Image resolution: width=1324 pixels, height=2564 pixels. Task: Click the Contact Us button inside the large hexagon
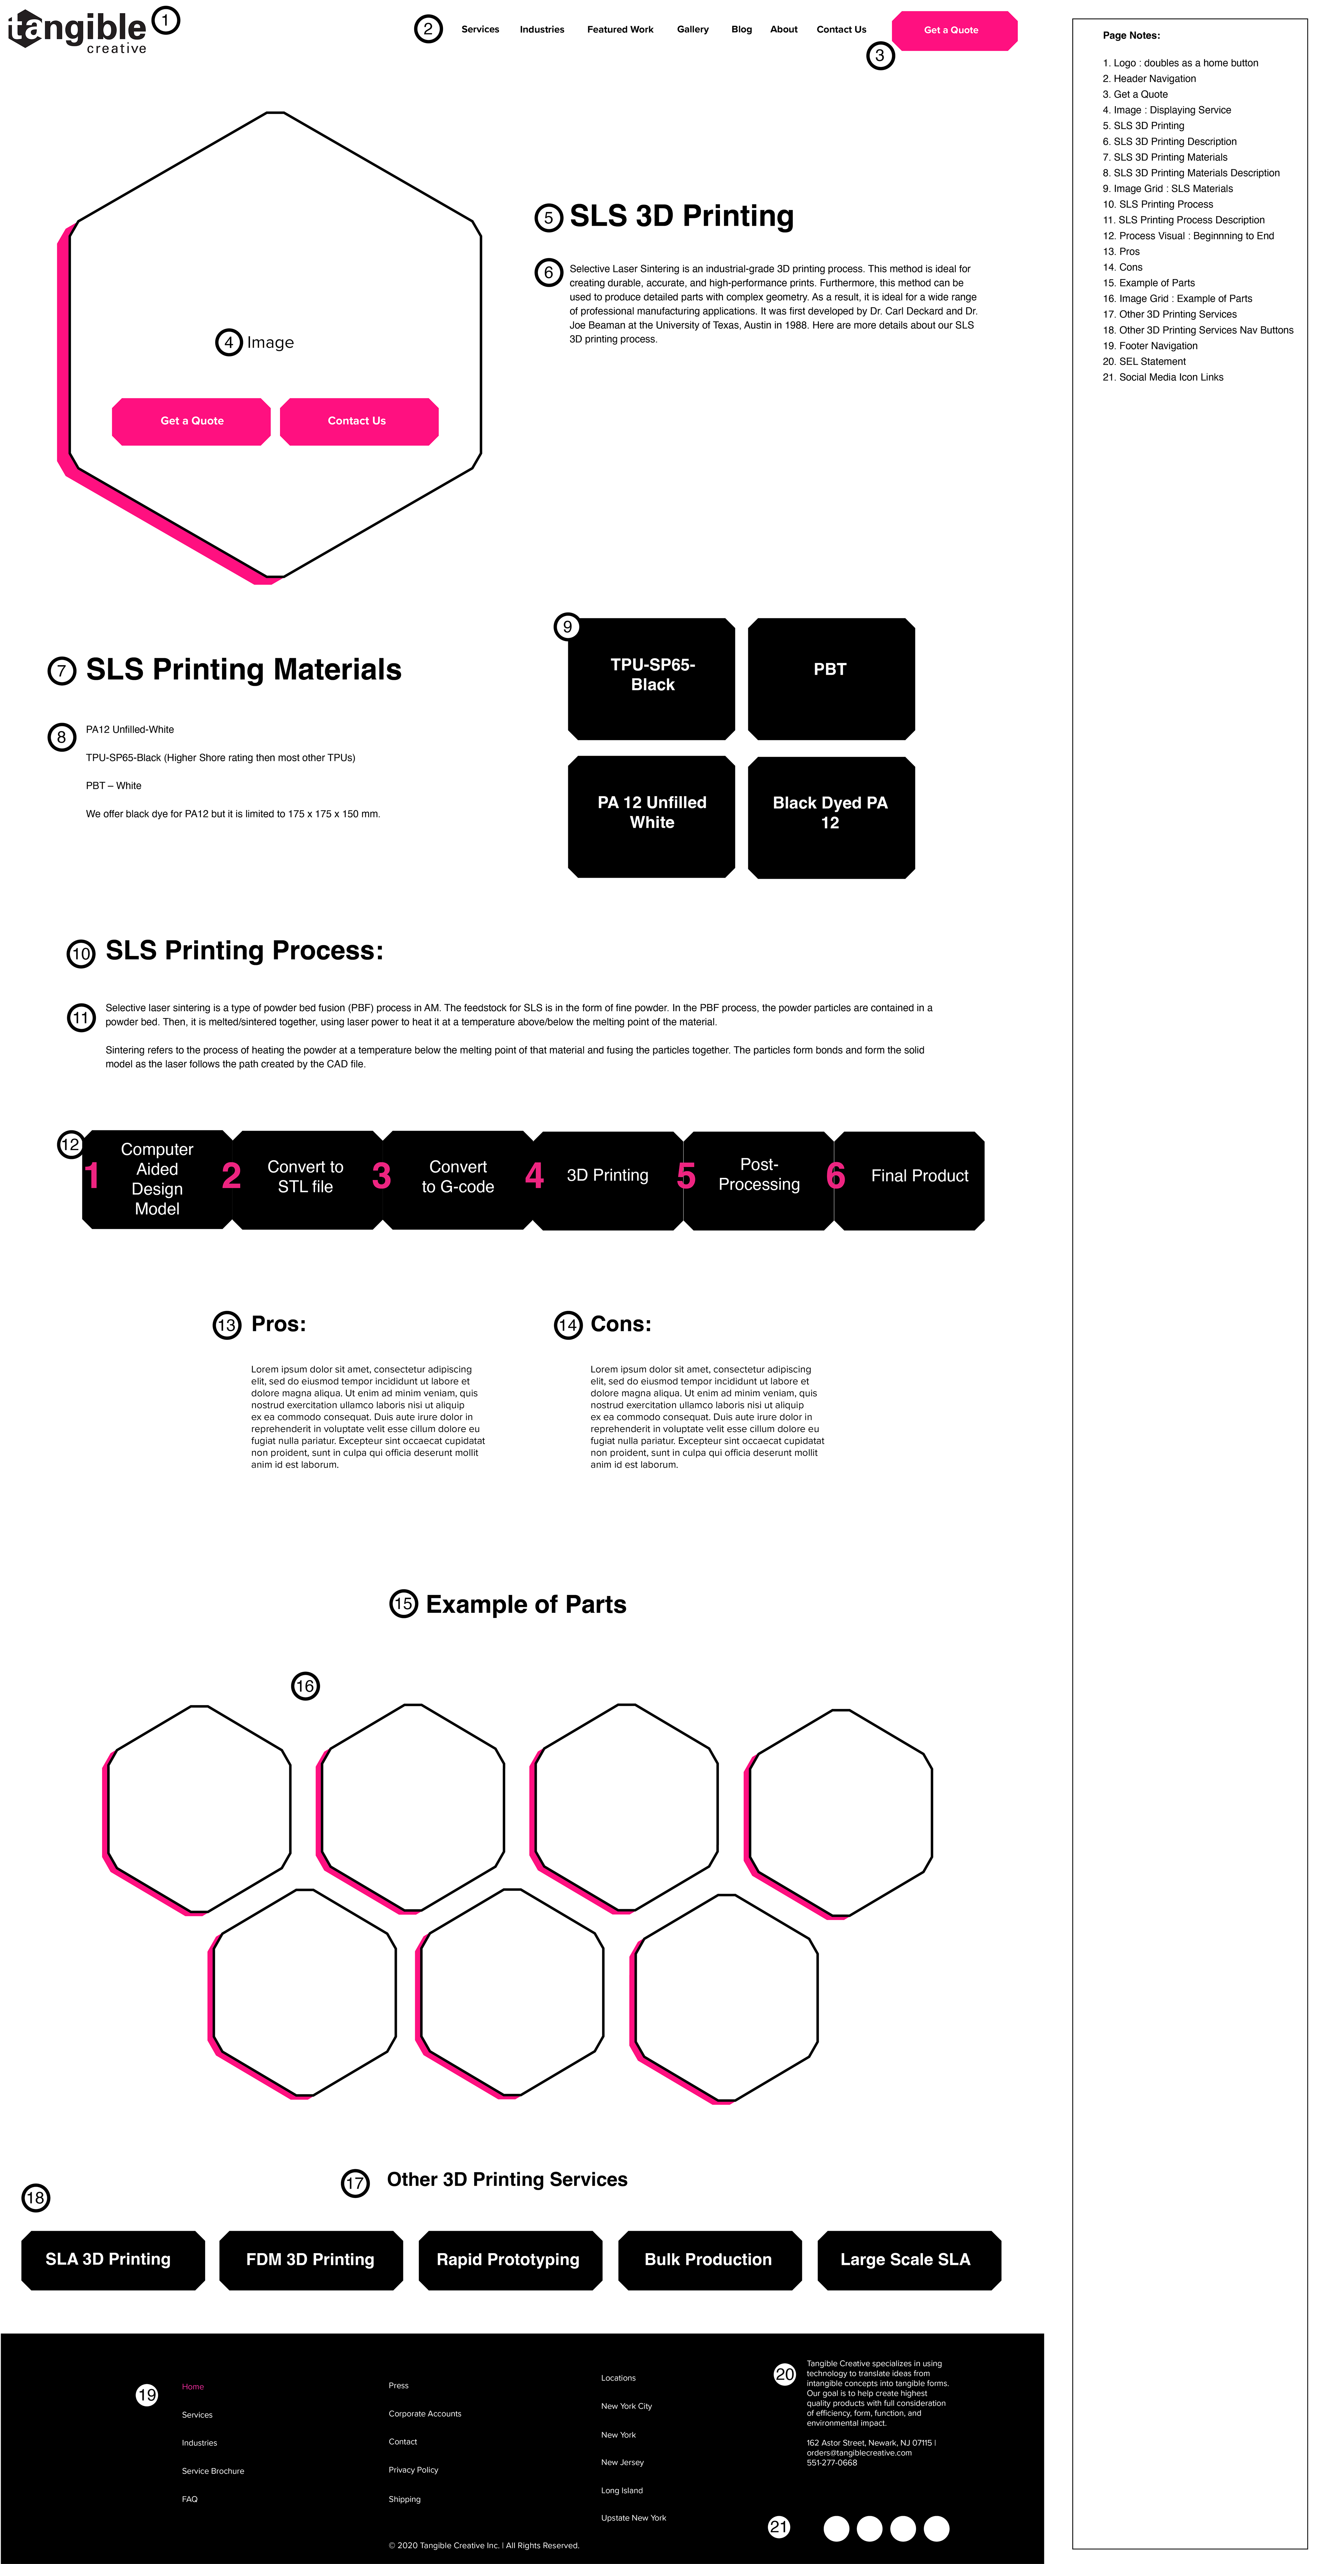(x=358, y=421)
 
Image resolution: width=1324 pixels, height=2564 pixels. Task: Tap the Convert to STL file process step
(x=305, y=1178)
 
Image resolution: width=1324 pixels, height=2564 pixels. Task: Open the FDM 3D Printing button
(x=311, y=2259)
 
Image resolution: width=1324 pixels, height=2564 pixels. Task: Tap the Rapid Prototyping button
(x=509, y=2259)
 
